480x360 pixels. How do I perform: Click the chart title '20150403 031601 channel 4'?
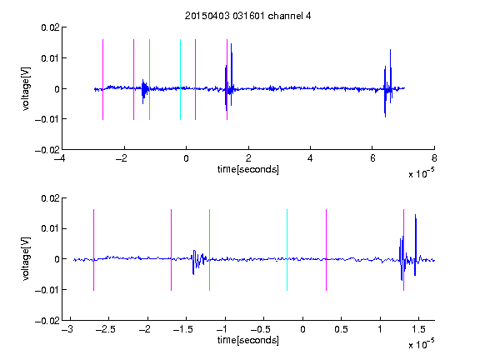(247, 16)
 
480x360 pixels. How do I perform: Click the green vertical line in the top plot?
(149, 80)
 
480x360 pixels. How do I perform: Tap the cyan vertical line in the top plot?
(180, 80)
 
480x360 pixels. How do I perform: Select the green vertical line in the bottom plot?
(209, 250)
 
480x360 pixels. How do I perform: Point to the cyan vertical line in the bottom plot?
(287, 250)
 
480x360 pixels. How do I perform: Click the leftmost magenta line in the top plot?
(102, 80)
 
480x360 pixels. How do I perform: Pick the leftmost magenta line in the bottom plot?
(93, 250)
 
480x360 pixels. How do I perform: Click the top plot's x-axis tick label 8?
(434, 158)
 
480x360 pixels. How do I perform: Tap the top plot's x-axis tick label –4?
(59, 158)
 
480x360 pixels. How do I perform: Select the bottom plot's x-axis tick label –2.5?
(105, 329)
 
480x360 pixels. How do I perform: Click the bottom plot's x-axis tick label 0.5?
(341, 329)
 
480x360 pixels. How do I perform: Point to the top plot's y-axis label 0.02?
(51, 27)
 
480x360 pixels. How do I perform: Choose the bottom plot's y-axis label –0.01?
(47, 290)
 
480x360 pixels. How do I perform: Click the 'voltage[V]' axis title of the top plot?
(27, 89)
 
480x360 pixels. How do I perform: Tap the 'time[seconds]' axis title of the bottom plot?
(248, 340)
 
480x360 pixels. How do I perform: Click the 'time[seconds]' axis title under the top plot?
(248, 169)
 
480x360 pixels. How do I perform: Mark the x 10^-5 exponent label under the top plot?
(422, 173)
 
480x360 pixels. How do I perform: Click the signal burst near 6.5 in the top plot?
(387, 83)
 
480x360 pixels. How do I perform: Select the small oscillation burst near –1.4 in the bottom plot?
(199, 262)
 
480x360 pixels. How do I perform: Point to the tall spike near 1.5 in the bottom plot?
(415, 245)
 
